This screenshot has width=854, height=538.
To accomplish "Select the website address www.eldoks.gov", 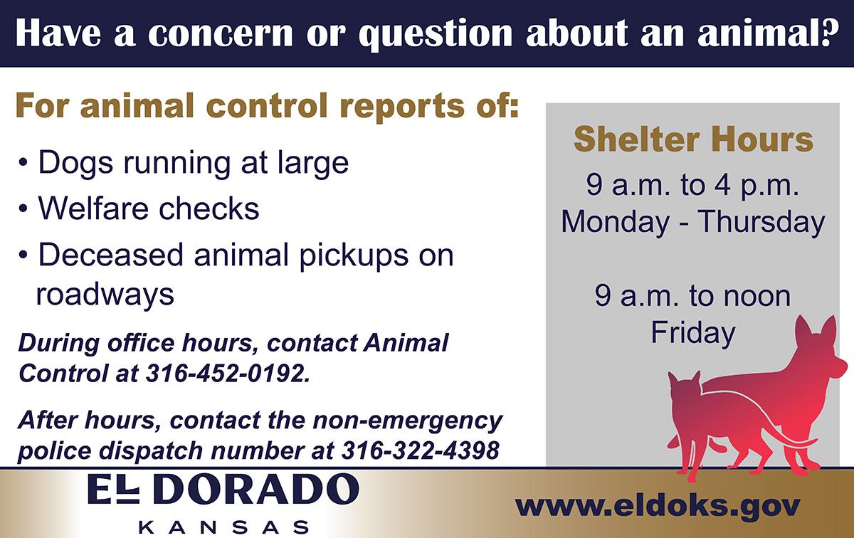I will click(x=658, y=506).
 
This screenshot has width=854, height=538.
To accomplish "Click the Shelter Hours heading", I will click(x=693, y=139).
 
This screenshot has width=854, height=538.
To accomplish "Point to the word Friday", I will click(x=692, y=332).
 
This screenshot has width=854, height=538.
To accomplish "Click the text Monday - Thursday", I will click(x=692, y=221).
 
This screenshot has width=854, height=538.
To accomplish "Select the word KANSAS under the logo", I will click(x=223, y=527).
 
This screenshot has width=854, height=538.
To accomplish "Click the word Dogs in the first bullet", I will click(x=73, y=162).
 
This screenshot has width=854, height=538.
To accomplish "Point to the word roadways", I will click(x=105, y=294).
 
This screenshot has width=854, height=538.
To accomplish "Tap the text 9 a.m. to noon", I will click(x=692, y=296).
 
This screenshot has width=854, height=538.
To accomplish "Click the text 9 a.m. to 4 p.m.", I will click(x=692, y=186).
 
